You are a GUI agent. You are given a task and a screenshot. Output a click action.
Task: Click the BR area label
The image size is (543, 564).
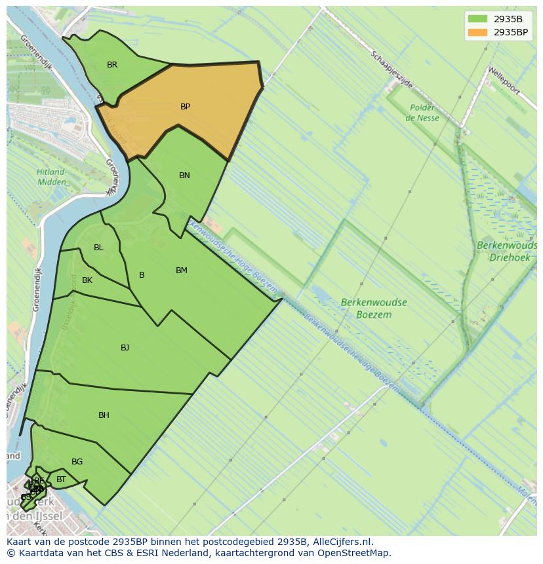click(x=112, y=65)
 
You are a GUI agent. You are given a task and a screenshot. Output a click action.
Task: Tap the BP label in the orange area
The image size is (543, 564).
click(x=185, y=107)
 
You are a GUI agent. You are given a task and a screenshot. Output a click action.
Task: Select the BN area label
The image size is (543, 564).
click(x=184, y=176)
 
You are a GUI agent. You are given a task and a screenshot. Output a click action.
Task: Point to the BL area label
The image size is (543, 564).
click(x=98, y=248)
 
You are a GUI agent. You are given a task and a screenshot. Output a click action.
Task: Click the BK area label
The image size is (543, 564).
click(x=87, y=280)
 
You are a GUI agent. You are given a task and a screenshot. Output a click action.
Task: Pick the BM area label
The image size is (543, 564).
click(x=182, y=271)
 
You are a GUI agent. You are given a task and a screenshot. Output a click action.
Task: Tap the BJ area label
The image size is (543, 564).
click(x=125, y=348)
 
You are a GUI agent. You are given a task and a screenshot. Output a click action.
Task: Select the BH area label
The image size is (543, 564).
click(x=104, y=415)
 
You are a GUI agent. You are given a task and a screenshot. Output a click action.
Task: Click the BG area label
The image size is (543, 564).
click(x=77, y=462)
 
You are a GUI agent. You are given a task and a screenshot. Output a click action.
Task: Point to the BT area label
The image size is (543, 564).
click(x=61, y=480)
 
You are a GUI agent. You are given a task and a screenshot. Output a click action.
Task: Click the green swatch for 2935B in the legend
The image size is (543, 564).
click(x=478, y=19)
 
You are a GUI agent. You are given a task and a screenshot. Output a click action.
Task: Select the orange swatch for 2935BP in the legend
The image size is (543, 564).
click(x=478, y=32)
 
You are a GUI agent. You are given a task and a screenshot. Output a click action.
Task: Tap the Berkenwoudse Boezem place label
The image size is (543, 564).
click(x=374, y=309)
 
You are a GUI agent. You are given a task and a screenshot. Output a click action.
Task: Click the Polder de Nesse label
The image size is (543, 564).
click(x=422, y=113)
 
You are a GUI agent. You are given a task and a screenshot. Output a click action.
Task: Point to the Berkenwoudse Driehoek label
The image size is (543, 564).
click(x=507, y=252)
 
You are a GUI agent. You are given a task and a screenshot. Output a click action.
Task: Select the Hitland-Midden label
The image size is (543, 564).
click(x=51, y=177)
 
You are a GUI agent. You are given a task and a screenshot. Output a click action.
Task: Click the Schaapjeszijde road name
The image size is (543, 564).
click(x=392, y=70)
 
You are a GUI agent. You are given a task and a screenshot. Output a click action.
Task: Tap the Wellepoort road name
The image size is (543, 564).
click(x=503, y=79)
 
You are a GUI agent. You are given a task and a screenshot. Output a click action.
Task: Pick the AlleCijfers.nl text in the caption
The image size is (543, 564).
click(x=341, y=542)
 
